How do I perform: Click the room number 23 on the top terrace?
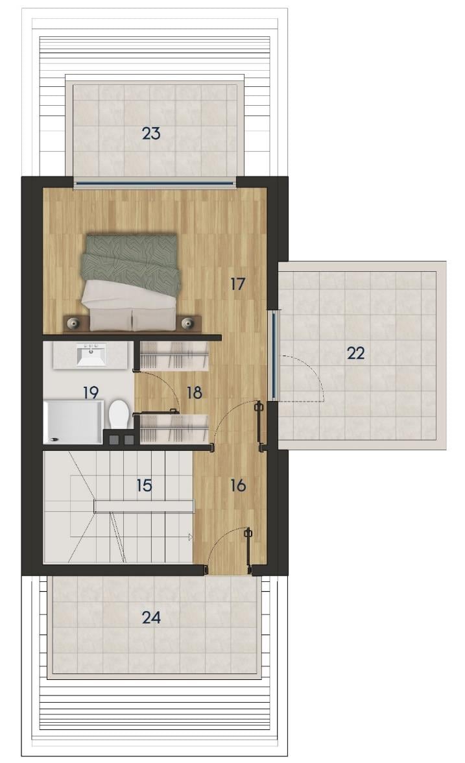pos(150,133)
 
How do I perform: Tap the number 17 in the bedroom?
pos(237,284)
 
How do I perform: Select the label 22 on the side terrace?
pos(355,353)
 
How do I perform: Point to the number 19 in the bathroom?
pos(91,392)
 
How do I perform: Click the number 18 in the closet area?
pos(195,392)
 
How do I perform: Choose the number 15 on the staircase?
pos(144,485)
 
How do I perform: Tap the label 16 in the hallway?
pos(238,485)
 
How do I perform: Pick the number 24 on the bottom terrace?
pos(150,618)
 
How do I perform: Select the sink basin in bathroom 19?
pos(91,355)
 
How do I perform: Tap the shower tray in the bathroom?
pos(73,422)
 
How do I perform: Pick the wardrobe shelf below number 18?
pos(174,429)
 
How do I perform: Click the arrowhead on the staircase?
pos(191,537)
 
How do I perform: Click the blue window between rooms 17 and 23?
pos(154,184)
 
